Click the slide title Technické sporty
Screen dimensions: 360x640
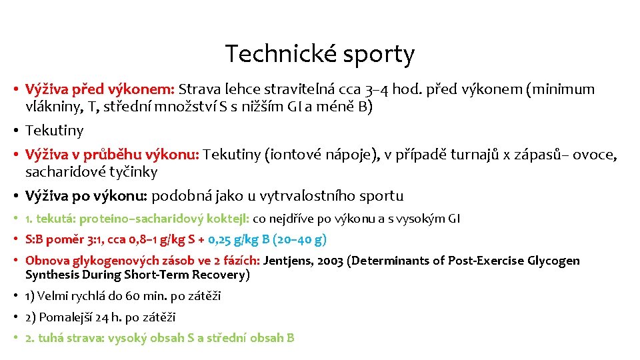(x=319, y=54)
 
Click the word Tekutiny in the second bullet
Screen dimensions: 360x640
(x=54, y=131)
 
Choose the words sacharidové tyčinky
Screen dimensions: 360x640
(x=91, y=172)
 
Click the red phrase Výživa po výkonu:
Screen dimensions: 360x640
(x=87, y=196)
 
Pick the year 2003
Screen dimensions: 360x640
(x=336, y=261)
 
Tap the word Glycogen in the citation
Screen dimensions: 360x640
(x=553, y=261)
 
